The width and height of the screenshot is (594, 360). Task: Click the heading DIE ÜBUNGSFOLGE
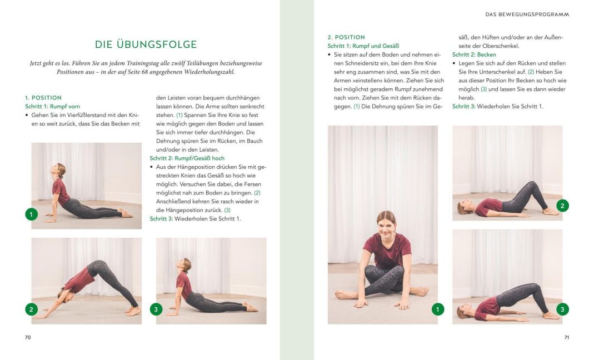click(146, 44)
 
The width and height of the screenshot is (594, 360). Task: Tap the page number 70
click(28, 337)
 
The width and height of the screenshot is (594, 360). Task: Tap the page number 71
click(566, 337)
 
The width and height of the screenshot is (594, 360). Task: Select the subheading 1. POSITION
click(43, 98)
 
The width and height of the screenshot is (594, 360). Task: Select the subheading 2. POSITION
click(346, 37)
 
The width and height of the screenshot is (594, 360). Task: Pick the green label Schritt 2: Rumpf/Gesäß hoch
click(187, 158)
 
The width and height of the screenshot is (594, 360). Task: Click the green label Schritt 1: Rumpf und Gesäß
click(363, 46)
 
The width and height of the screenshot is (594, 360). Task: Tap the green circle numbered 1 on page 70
click(32, 214)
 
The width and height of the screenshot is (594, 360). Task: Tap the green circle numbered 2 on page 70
click(32, 309)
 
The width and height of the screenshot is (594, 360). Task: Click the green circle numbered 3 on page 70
click(157, 309)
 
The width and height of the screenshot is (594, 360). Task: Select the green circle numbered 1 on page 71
click(438, 309)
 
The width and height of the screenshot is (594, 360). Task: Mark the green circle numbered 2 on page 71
click(562, 206)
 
